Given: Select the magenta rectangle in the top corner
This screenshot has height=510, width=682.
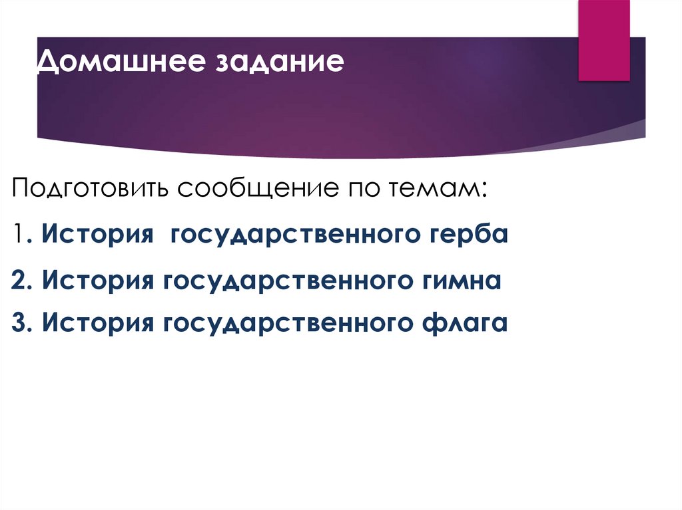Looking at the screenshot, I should click(603, 40).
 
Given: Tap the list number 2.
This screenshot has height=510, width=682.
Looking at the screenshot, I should click(19, 280).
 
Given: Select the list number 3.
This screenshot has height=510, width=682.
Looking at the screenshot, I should click(19, 324).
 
